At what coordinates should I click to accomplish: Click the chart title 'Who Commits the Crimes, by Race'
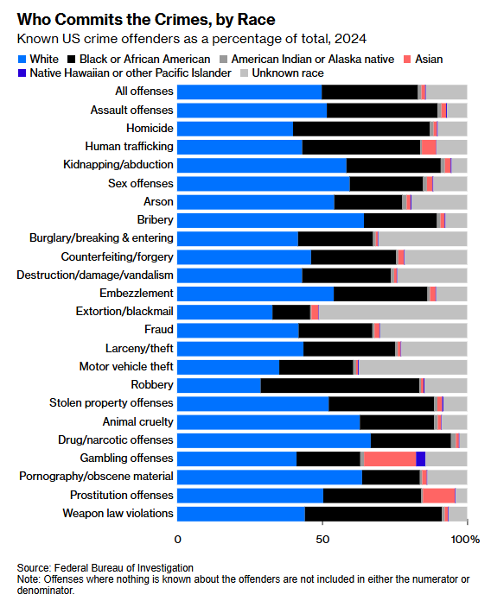click(146, 19)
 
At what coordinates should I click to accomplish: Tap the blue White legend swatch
click(22, 60)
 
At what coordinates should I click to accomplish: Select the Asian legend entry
click(423, 60)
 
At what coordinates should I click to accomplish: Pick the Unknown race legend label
click(288, 73)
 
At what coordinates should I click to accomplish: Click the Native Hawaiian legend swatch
click(22, 73)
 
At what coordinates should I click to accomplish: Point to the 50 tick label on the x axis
click(322, 540)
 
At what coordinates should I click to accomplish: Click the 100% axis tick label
click(465, 540)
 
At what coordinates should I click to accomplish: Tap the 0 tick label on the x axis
click(177, 540)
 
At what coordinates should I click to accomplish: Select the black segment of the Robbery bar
click(341, 386)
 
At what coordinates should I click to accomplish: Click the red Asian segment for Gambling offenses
click(390, 458)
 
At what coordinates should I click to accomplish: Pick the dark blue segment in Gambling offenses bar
click(420, 458)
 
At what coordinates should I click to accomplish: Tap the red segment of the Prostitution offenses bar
click(438, 496)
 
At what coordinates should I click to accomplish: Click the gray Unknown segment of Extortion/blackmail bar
click(393, 312)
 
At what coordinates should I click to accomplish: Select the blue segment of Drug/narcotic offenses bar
click(274, 440)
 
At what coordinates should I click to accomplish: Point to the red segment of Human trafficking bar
click(429, 147)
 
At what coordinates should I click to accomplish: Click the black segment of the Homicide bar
click(361, 129)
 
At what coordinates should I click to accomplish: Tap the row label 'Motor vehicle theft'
click(126, 366)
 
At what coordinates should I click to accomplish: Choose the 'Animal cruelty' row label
click(138, 421)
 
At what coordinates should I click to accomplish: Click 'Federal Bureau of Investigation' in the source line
click(124, 568)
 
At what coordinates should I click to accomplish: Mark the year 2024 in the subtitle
click(350, 39)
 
